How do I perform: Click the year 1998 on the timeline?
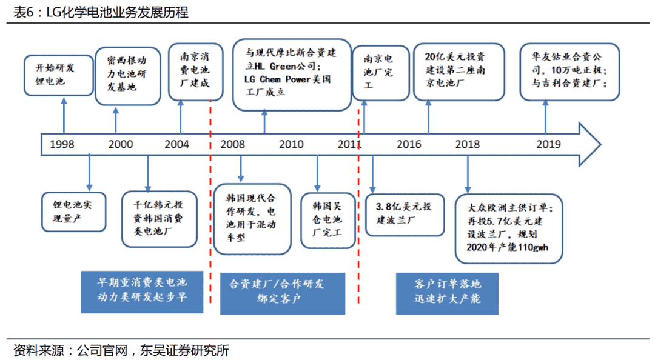click(x=62, y=144)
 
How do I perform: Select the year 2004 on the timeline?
click(x=176, y=144)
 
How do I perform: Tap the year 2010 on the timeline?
click(x=291, y=144)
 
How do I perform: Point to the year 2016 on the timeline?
click(x=409, y=144)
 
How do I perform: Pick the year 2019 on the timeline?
click(x=548, y=144)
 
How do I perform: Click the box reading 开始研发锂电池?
click(x=58, y=75)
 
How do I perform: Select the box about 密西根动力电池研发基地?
click(x=128, y=76)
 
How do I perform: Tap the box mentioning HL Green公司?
click(x=292, y=75)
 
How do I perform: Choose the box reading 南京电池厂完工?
click(x=380, y=73)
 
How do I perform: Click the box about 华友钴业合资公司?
click(x=569, y=72)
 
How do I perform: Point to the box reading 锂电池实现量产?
click(x=73, y=212)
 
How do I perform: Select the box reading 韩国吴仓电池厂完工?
click(x=328, y=221)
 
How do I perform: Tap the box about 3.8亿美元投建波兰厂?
click(x=405, y=215)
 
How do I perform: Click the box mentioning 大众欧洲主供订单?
click(x=509, y=228)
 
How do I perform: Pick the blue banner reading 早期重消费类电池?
click(x=142, y=292)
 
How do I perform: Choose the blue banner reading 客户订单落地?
click(x=447, y=293)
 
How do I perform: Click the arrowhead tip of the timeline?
click(x=600, y=144)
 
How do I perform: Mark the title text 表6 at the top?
click(x=23, y=12)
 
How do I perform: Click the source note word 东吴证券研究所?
click(x=184, y=350)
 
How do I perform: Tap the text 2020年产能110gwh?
click(x=508, y=248)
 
